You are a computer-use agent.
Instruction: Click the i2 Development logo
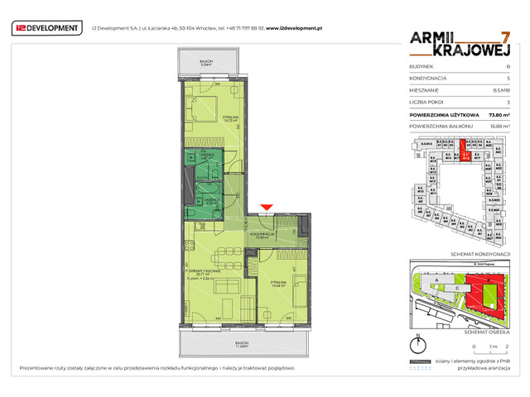47,28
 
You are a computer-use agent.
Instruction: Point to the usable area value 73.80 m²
499,114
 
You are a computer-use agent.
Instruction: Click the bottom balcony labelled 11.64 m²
242,343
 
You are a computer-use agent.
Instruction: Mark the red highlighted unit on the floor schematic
465,152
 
